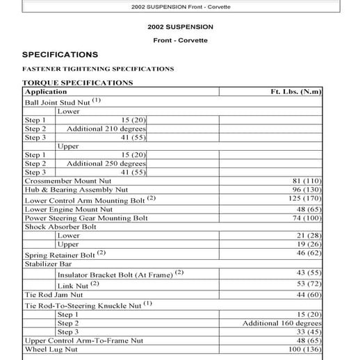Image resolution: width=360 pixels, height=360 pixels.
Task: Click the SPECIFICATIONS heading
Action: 60,54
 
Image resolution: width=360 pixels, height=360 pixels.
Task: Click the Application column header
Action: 46,92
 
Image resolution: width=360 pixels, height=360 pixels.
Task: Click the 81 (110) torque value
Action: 308,180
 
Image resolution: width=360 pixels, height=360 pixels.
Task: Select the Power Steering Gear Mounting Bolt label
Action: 86,218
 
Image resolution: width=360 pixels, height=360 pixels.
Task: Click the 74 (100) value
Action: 308,218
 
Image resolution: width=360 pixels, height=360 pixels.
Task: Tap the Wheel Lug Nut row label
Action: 52,350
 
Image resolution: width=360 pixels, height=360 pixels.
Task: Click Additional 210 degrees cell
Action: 106,129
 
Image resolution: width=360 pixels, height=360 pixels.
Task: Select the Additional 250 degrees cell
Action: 106,163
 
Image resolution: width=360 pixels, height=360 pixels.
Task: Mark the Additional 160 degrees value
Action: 281,323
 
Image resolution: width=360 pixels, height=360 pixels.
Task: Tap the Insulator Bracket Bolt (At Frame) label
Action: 115,275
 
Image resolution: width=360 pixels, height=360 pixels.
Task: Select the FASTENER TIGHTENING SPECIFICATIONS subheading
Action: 98,69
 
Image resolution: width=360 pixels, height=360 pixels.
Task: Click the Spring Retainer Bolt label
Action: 60,255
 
